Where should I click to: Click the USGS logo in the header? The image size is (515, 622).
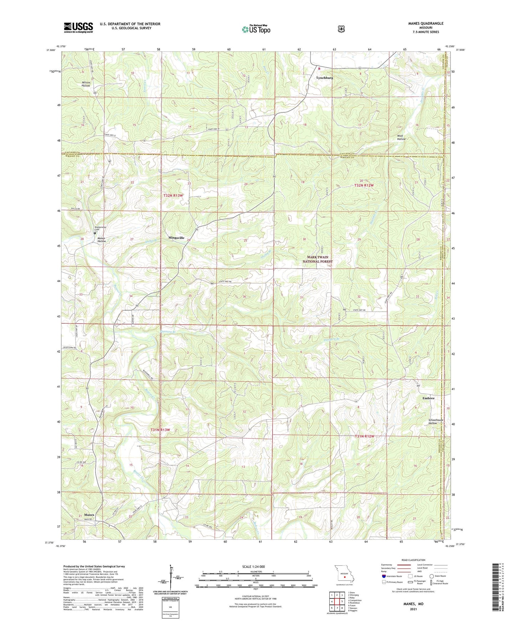point(78,27)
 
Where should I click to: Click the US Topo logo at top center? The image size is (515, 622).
point(256,29)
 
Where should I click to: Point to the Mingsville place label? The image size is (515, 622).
point(176,238)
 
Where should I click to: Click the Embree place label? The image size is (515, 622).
point(428,398)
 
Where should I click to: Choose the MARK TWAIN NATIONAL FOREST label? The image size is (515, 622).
point(318,259)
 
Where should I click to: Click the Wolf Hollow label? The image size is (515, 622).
point(401,137)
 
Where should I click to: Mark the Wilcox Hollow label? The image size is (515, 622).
point(86,84)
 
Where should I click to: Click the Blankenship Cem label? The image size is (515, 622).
point(100,229)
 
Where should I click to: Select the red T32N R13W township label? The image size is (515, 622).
point(173,196)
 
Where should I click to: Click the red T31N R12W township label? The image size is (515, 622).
point(365,436)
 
